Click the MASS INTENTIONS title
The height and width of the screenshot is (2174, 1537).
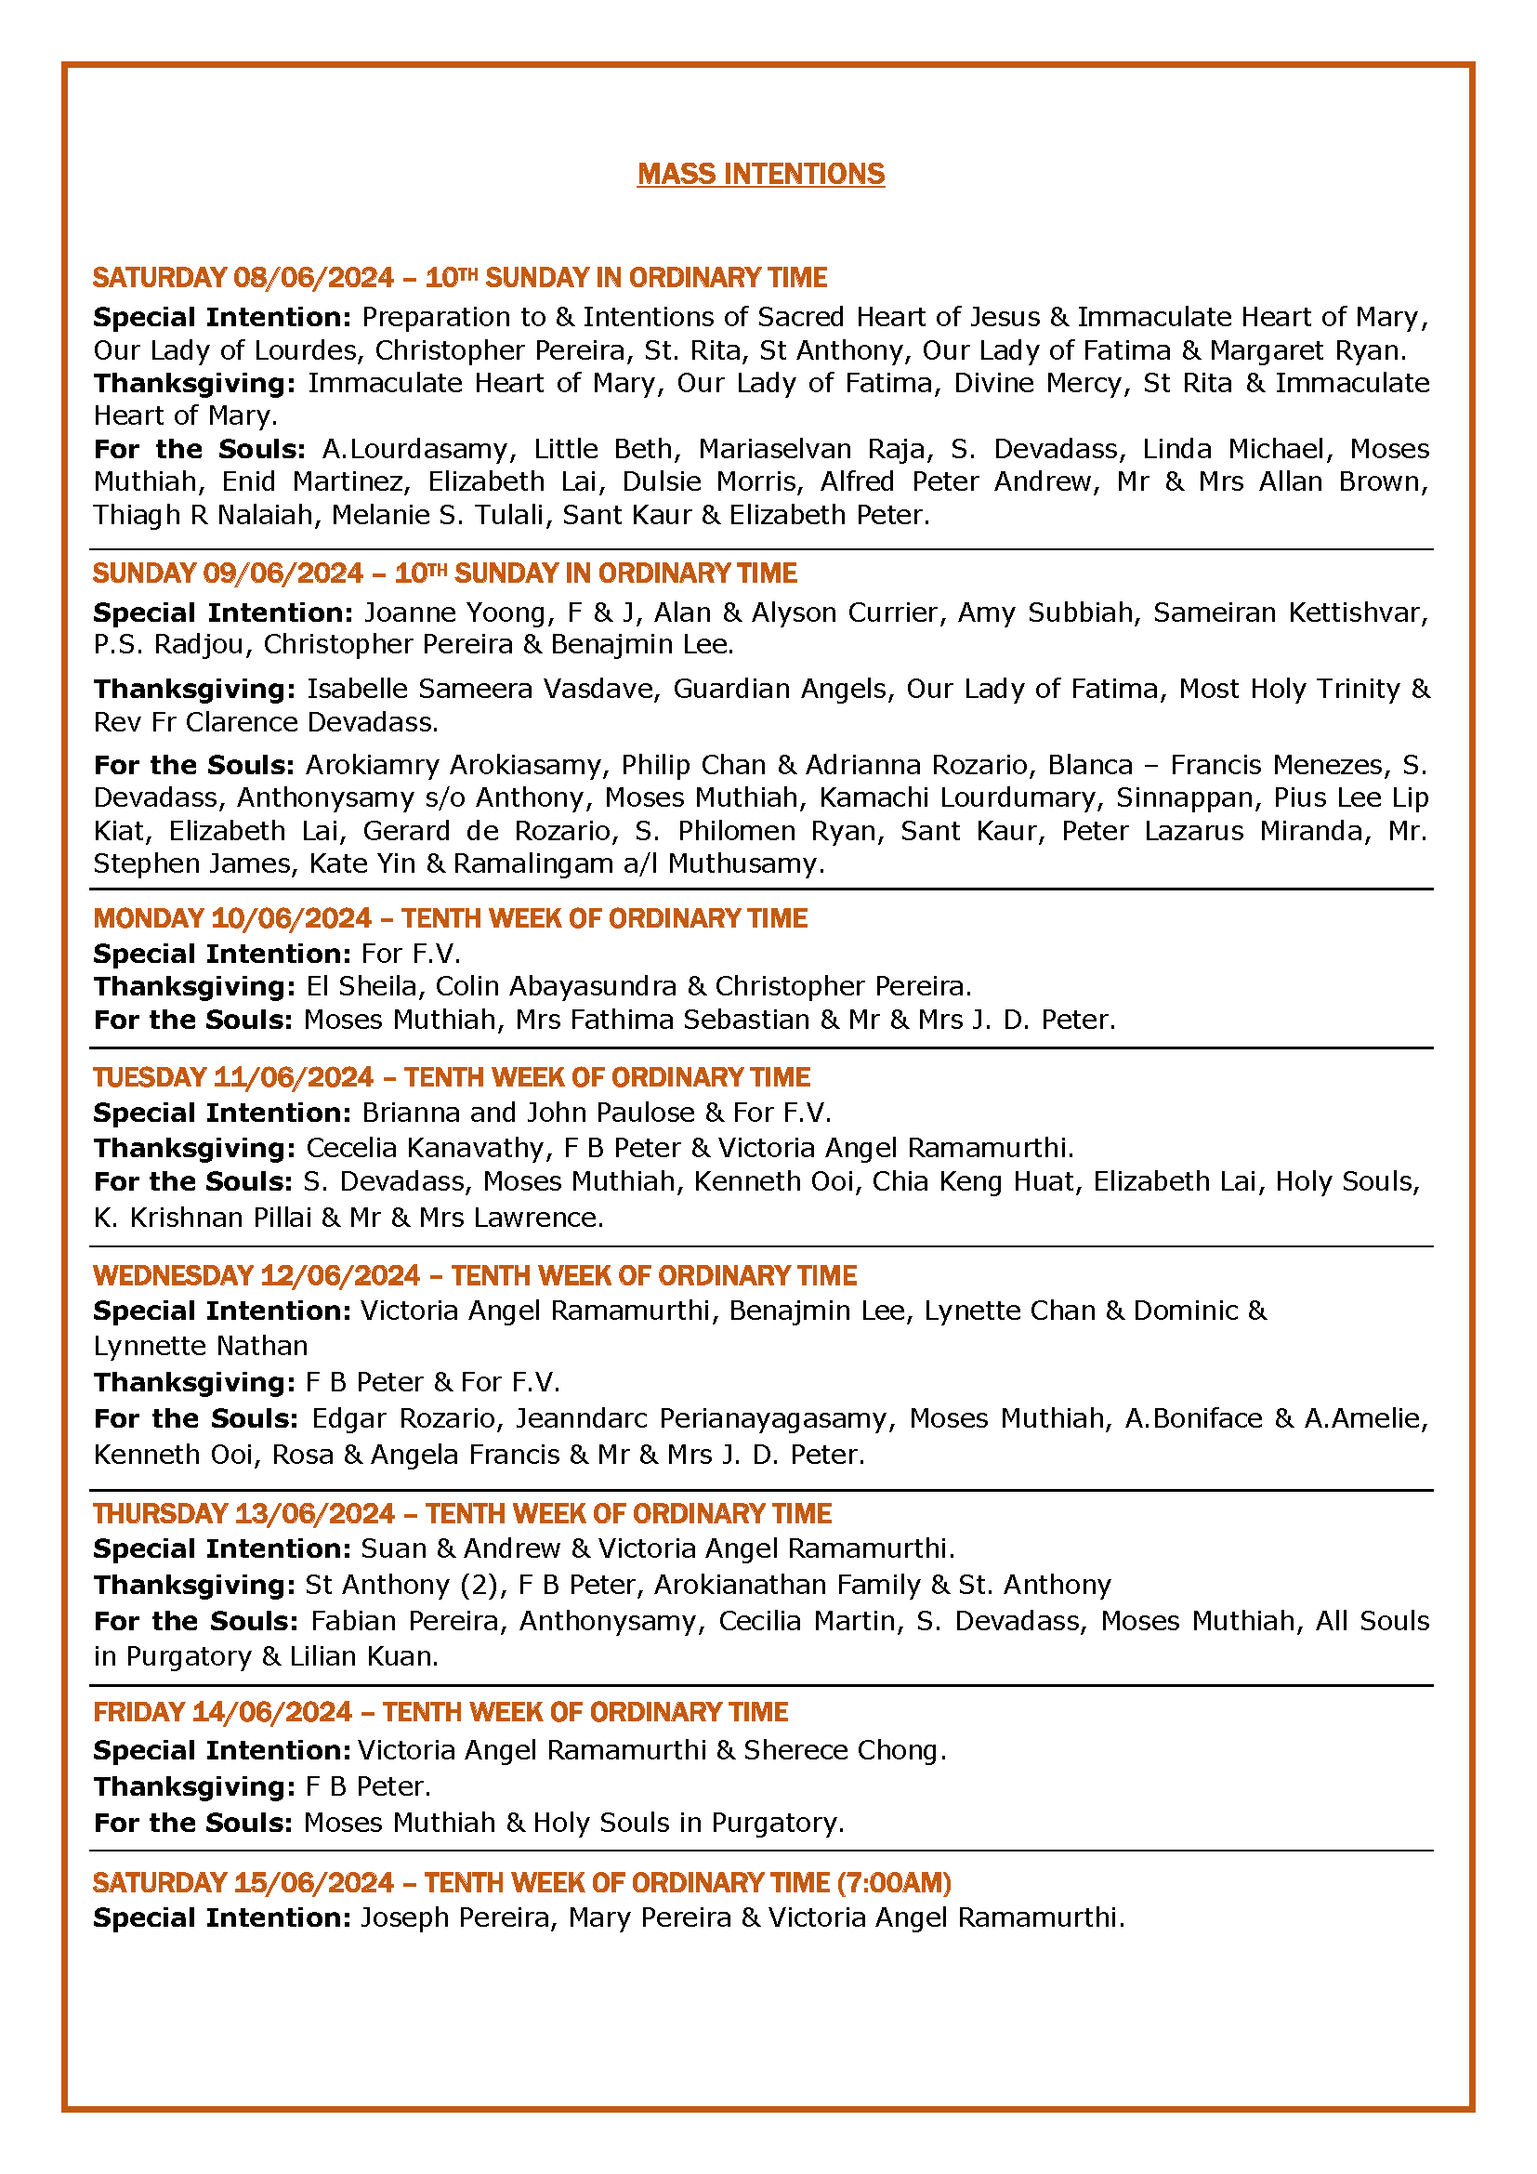761,174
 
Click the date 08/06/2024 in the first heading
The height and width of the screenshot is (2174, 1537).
313,277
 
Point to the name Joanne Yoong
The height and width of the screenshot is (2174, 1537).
455,613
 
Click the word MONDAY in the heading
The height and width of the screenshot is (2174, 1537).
148,918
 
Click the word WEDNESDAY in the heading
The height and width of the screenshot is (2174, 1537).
172,1275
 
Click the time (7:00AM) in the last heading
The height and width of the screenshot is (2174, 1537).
893,1882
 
